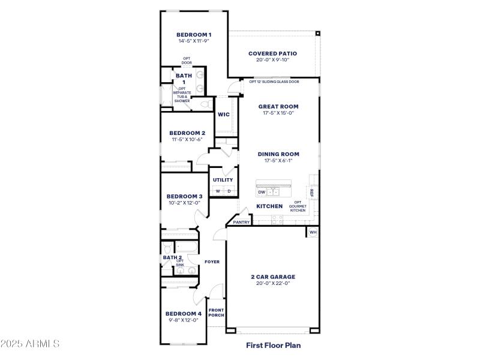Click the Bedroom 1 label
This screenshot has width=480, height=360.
[194, 35]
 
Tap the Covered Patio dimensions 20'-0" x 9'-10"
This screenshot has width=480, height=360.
[272, 60]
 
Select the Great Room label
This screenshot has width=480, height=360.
[278, 106]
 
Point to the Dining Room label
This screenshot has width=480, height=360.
[278, 154]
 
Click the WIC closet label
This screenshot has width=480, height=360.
[223, 115]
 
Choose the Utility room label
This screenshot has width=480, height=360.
[223, 179]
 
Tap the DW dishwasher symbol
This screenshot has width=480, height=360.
[262, 193]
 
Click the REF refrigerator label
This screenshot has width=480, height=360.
[311, 193]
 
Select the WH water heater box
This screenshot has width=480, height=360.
[313, 232]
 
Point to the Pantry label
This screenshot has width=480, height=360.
[241, 222]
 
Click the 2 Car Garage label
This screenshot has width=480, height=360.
[273, 277]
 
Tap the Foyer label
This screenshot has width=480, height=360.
[212, 262]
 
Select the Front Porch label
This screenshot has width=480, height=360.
[216, 313]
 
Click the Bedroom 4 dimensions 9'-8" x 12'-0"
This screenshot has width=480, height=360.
[183, 320]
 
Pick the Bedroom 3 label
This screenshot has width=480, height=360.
[184, 196]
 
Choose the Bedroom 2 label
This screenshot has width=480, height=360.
[187, 133]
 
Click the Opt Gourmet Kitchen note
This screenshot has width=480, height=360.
[298, 206]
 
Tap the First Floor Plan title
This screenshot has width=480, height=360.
[273, 345]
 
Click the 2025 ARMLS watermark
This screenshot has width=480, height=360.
[30, 344]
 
